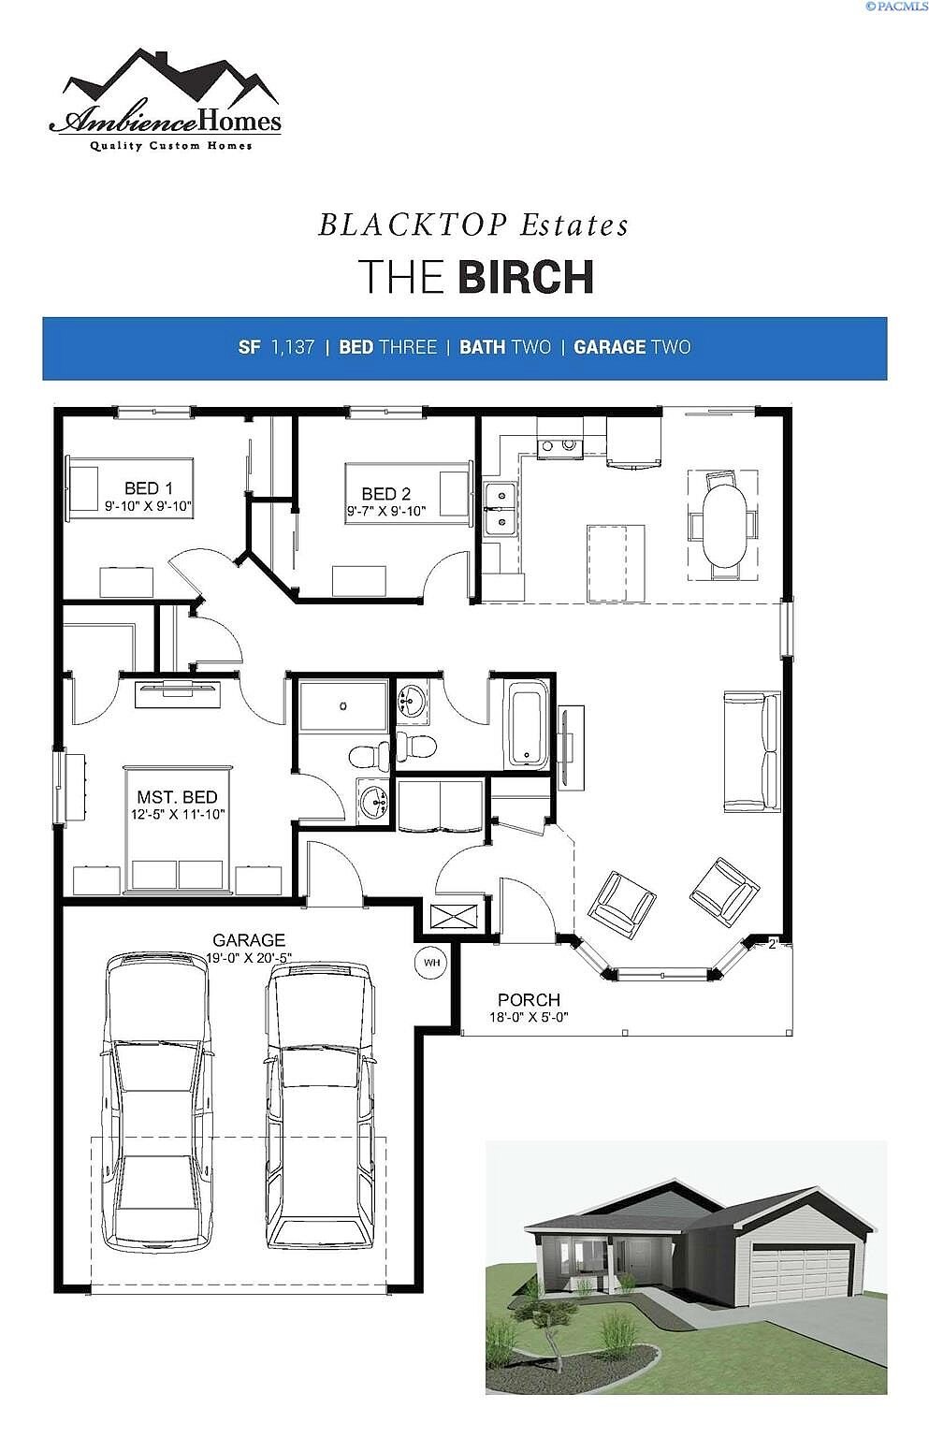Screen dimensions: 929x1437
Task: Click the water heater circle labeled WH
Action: (432, 963)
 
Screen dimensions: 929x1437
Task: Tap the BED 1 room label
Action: (148, 488)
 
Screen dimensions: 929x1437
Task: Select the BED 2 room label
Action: (385, 494)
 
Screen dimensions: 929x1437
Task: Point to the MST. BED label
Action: (177, 797)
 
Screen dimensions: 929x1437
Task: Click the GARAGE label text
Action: (249, 940)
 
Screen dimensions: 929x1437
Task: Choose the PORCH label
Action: (529, 999)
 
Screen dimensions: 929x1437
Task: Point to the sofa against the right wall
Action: (752, 751)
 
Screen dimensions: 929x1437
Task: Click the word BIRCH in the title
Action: (526, 277)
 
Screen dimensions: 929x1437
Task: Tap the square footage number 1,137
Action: (293, 347)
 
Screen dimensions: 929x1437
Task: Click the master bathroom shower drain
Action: (343, 706)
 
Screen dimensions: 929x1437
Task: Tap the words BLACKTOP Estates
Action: (473, 225)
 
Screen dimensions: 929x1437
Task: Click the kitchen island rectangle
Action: (616, 562)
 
